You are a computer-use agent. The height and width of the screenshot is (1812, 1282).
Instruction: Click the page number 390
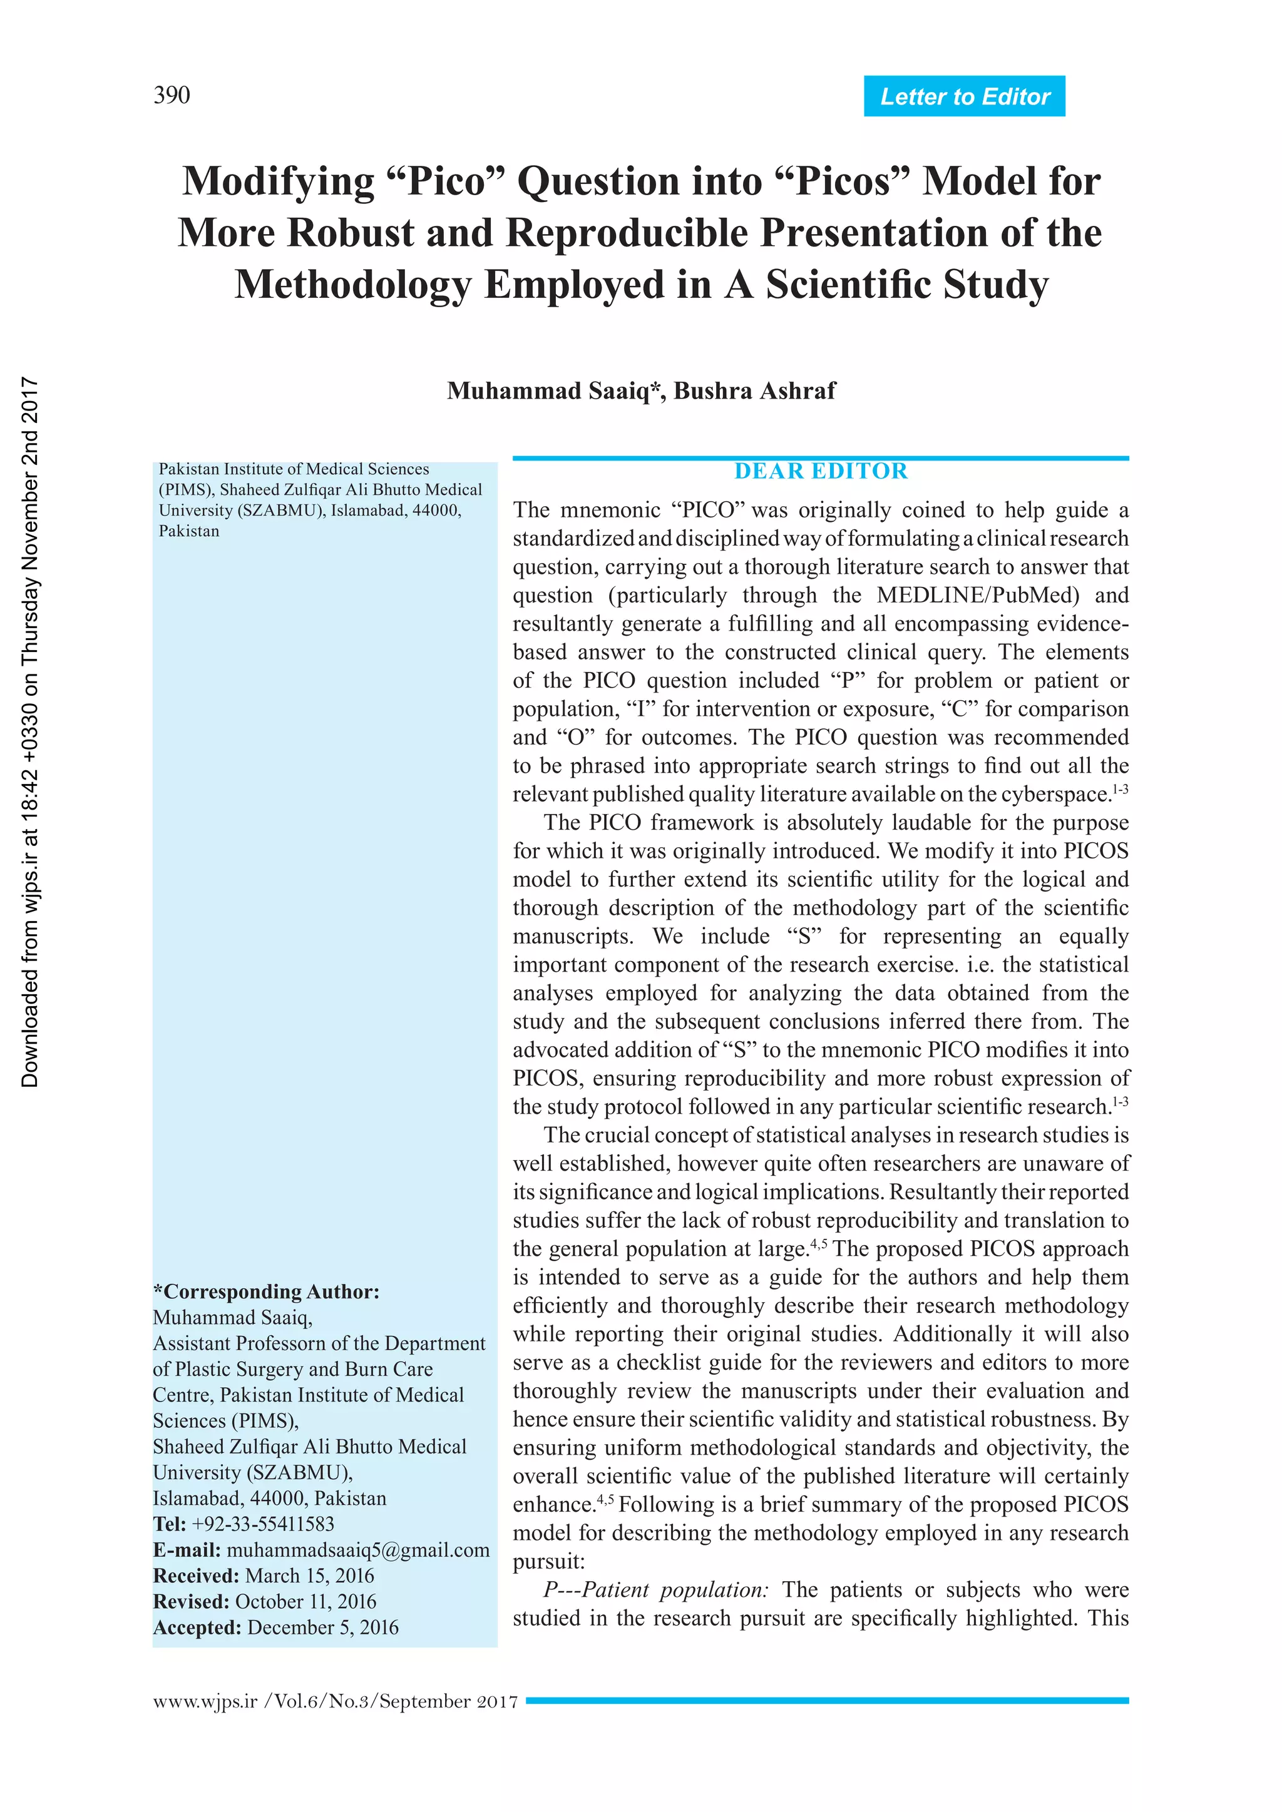(x=172, y=96)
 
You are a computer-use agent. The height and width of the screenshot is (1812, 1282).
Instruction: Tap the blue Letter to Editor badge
(x=964, y=96)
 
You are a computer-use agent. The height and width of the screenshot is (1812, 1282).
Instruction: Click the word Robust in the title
(x=350, y=233)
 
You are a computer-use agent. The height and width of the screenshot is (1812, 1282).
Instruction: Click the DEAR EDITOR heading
(x=821, y=471)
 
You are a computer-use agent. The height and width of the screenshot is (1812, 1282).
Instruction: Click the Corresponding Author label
(x=266, y=1292)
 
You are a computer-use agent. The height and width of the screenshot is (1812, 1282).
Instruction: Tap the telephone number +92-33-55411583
(x=263, y=1524)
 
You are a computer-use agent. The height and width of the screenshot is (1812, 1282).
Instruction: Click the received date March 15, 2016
(x=309, y=1576)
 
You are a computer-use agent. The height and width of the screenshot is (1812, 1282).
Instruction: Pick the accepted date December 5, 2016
(x=323, y=1627)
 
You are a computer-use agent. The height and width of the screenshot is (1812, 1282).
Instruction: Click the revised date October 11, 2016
(x=305, y=1601)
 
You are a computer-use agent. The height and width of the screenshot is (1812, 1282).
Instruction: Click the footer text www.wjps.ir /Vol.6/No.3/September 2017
(x=336, y=1701)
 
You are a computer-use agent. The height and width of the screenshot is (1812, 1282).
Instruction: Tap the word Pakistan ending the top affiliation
(x=190, y=531)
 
